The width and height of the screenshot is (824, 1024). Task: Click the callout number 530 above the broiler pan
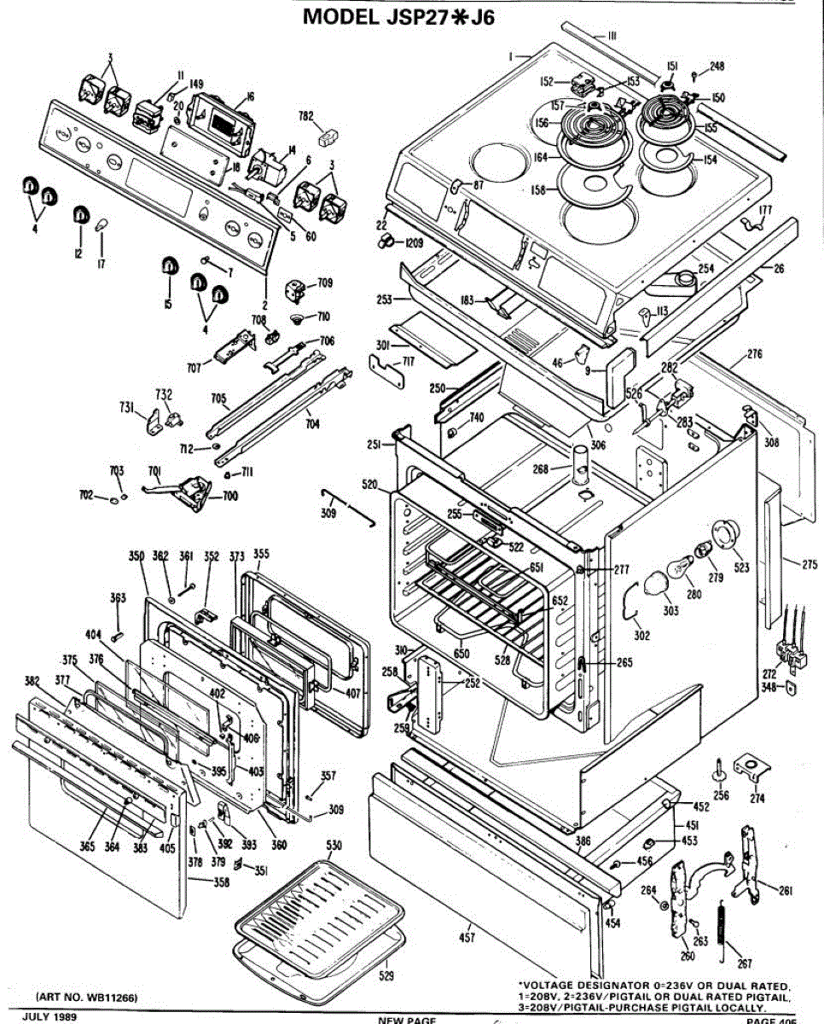[334, 845]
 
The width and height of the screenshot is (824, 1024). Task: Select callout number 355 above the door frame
[261, 554]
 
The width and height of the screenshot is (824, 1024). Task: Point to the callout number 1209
[415, 243]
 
